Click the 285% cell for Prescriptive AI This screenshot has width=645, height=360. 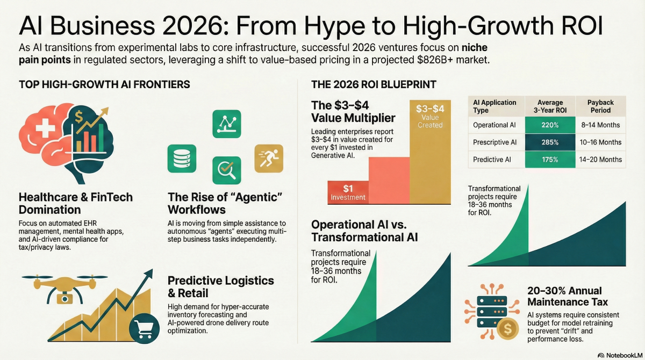click(x=550, y=142)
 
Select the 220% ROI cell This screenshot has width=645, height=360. click(x=550, y=125)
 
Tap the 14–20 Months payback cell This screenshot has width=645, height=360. click(x=600, y=160)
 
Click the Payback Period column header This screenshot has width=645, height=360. click(x=600, y=106)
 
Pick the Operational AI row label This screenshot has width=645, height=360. click(x=494, y=125)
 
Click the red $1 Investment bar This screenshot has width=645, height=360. click(x=348, y=192)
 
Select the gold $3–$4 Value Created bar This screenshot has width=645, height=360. click(x=430, y=152)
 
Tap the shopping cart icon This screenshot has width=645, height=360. click(x=144, y=328)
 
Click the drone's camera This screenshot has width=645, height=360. click(x=65, y=299)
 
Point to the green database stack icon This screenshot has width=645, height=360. click(x=182, y=159)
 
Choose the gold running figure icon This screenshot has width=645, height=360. click(x=269, y=159)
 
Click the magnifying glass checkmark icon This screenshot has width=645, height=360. click(x=227, y=170)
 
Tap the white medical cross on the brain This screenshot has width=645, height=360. click(x=45, y=127)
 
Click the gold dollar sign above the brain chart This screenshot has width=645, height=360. click(x=78, y=117)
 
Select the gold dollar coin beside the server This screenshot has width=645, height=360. click(x=507, y=329)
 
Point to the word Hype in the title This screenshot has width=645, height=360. click(x=334, y=26)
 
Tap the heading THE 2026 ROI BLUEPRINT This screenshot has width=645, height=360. click(x=374, y=84)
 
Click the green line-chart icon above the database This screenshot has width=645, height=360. click(x=227, y=124)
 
